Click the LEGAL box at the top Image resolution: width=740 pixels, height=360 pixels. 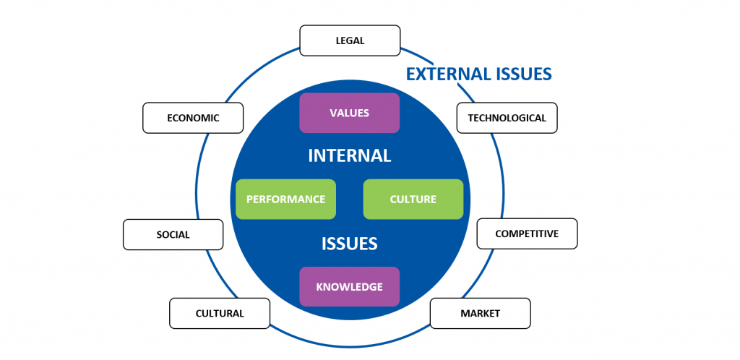(350, 40)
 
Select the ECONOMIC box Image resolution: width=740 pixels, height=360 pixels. (193, 118)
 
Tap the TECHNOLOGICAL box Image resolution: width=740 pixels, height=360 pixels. (507, 118)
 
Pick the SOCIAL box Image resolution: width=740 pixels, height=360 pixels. (173, 234)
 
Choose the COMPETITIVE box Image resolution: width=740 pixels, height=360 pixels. (527, 233)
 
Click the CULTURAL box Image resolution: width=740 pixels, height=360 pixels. (220, 313)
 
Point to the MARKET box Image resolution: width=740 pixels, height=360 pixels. (480, 313)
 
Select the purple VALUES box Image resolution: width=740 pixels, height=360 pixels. (350, 113)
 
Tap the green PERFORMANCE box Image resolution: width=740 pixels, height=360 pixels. (285, 199)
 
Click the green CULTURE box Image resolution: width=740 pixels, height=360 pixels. (413, 199)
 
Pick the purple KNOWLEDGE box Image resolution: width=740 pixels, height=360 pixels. (350, 287)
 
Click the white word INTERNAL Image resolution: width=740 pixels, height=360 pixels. (350, 155)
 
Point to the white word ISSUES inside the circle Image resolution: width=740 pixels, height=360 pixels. (350, 244)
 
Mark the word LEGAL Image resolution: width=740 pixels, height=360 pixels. (350, 40)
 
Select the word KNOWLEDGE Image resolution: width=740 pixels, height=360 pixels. (349, 287)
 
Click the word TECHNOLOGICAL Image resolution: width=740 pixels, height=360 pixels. (507, 118)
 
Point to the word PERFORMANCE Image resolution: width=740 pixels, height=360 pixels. (285, 200)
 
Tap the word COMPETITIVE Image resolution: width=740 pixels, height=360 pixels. (527, 233)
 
